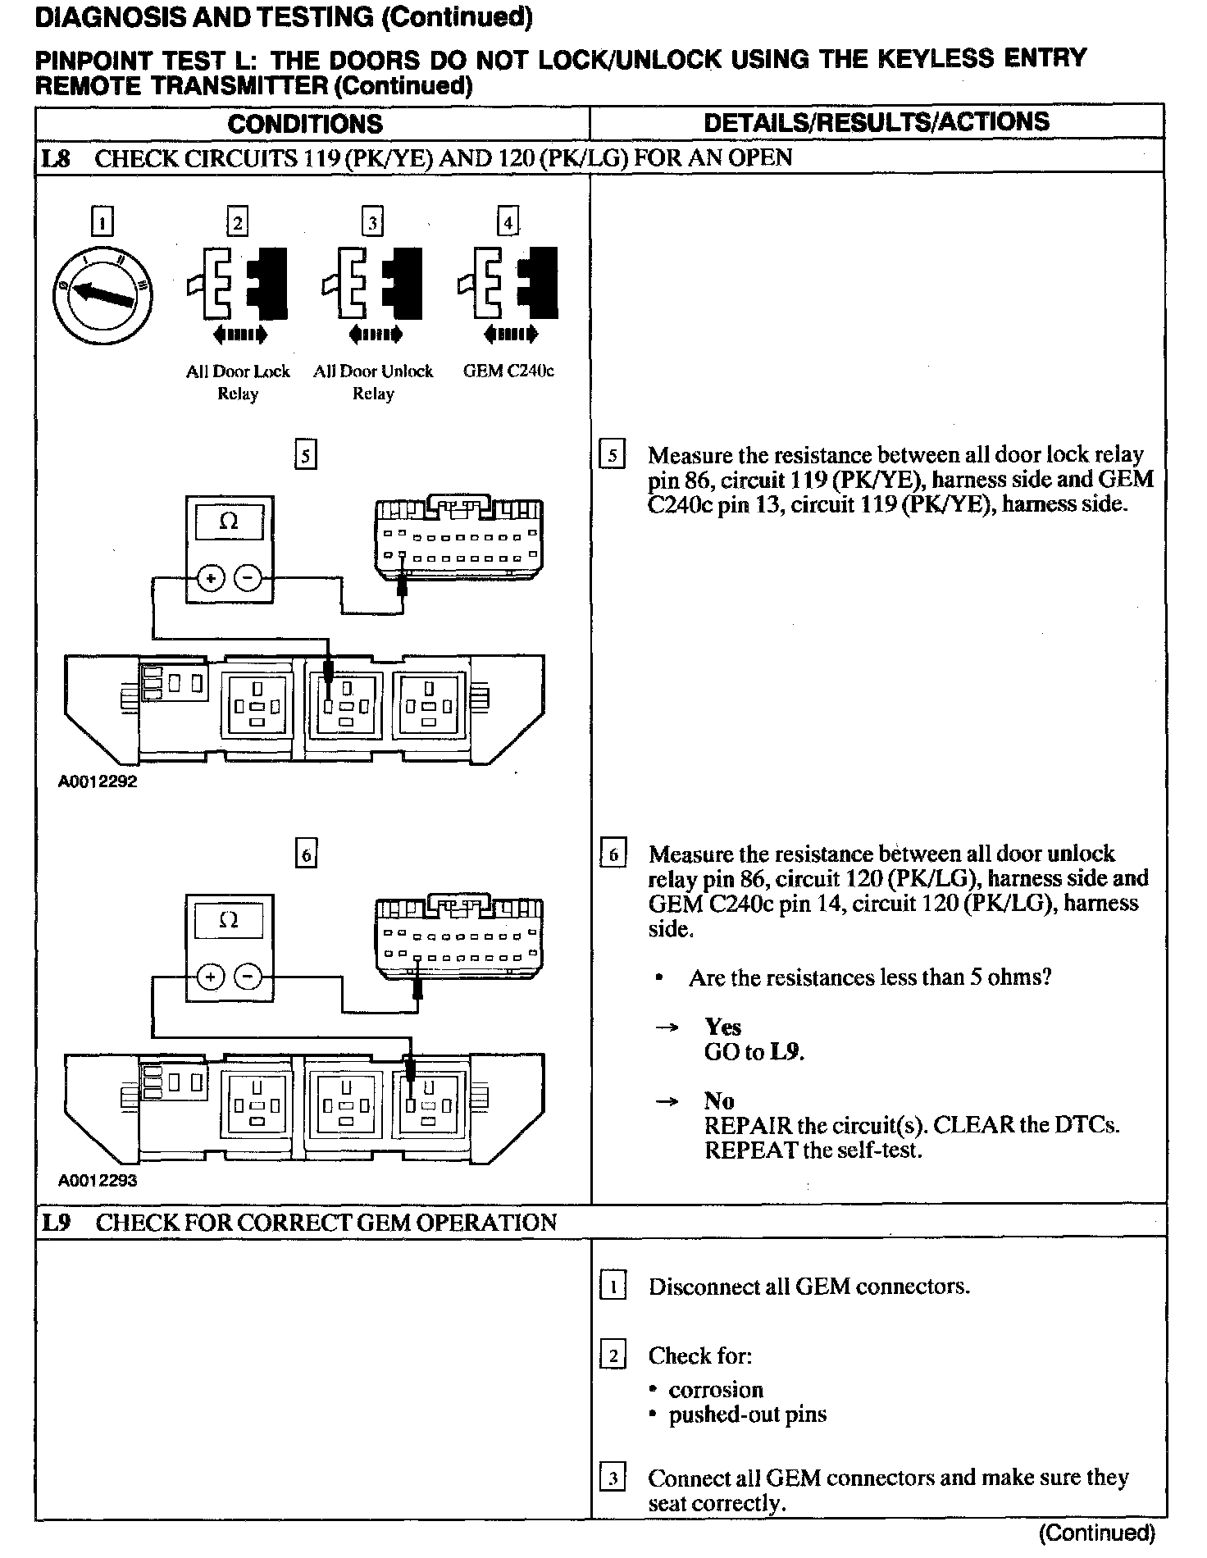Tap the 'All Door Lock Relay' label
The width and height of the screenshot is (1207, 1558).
click(238, 382)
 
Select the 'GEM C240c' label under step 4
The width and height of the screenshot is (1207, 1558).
click(508, 371)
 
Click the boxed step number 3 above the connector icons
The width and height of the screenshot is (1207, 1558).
click(373, 223)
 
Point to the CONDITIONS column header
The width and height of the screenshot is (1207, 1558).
click(305, 124)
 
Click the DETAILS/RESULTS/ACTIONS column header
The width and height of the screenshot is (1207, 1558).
click(877, 122)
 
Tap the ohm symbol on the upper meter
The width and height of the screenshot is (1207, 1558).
click(230, 522)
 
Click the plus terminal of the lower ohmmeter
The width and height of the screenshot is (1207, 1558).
click(211, 977)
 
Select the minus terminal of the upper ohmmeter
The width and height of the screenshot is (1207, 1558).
click(248, 578)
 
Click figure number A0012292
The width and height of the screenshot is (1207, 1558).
click(98, 781)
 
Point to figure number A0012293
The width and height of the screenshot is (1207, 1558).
click(98, 1181)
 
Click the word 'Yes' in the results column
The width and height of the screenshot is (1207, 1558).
click(722, 1027)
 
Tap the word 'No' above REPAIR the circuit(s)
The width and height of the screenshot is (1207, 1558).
click(718, 1100)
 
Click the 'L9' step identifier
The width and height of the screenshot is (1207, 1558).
click(56, 1223)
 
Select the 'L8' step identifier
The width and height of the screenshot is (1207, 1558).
click(56, 158)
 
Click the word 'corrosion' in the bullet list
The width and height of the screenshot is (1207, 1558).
click(715, 1390)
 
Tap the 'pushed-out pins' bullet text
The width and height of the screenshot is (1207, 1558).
click(747, 1414)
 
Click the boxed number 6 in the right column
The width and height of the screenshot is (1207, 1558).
click(613, 854)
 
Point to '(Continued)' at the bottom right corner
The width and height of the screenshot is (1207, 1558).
click(1096, 1533)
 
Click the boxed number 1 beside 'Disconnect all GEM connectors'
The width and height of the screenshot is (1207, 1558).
click(613, 1286)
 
